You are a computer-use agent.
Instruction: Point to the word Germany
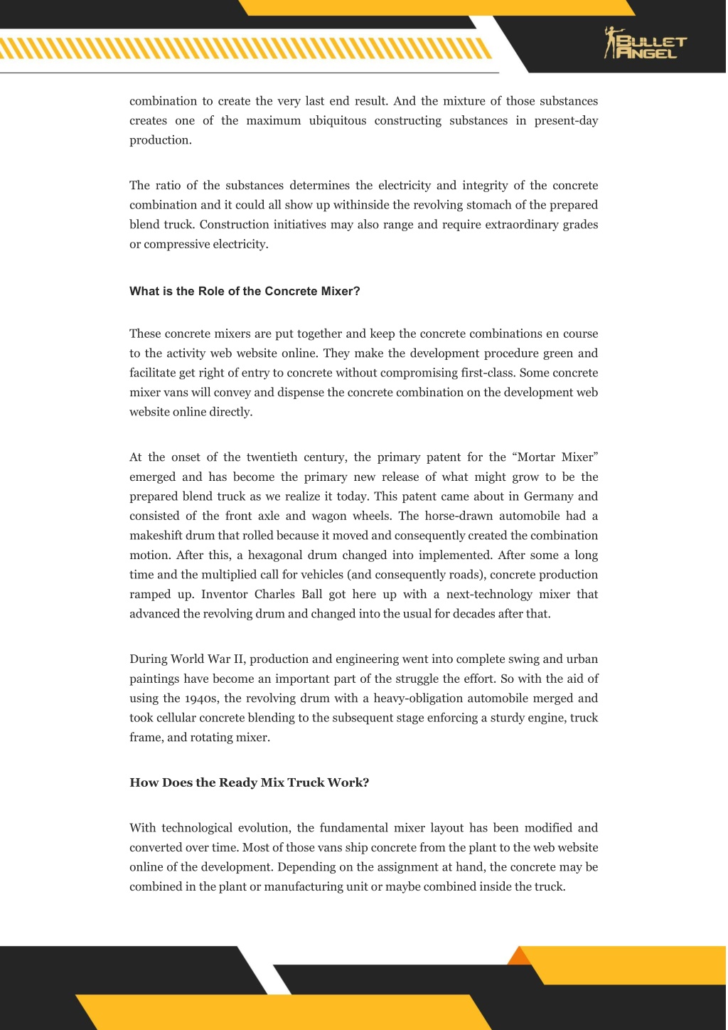[549, 497]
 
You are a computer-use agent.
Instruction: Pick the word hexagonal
[276, 555]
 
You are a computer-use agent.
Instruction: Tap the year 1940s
[201, 698]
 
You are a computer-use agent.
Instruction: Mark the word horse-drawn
[459, 516]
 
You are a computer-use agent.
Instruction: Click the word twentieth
[272, 457]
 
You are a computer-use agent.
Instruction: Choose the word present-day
[566, 120]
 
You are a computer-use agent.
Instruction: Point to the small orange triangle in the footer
[519, 956]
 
